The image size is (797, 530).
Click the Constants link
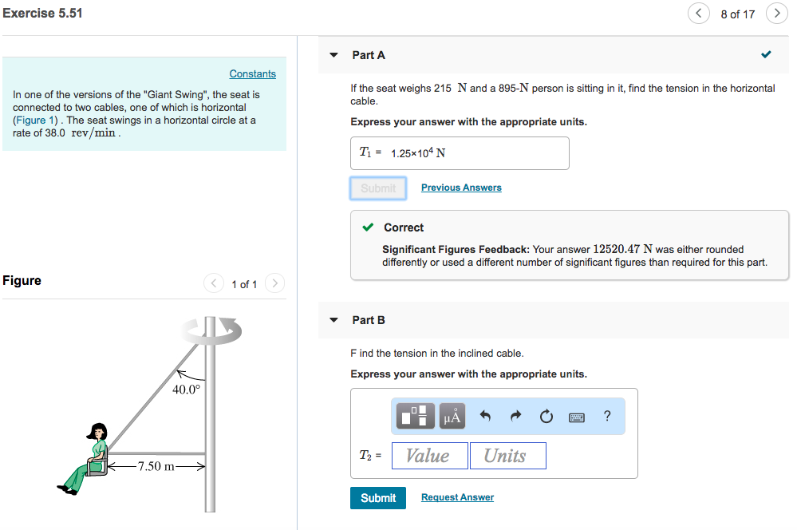(252, 73)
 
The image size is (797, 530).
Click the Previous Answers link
(461, 188)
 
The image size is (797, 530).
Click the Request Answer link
(457, 497)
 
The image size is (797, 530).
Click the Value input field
(428, 456)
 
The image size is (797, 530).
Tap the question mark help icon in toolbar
(607, 416)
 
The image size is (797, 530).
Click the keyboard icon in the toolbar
(577, 417)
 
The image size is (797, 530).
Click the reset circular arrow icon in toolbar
(546, 417)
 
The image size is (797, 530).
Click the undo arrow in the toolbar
(484, 417)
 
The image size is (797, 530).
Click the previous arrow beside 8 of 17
(699, 14)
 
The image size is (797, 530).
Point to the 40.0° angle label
(187, 390)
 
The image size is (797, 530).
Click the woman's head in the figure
(97, 432)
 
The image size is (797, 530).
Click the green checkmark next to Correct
(367, 227)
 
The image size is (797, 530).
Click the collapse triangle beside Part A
(333, 55)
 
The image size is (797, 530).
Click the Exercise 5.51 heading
(42, 13)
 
